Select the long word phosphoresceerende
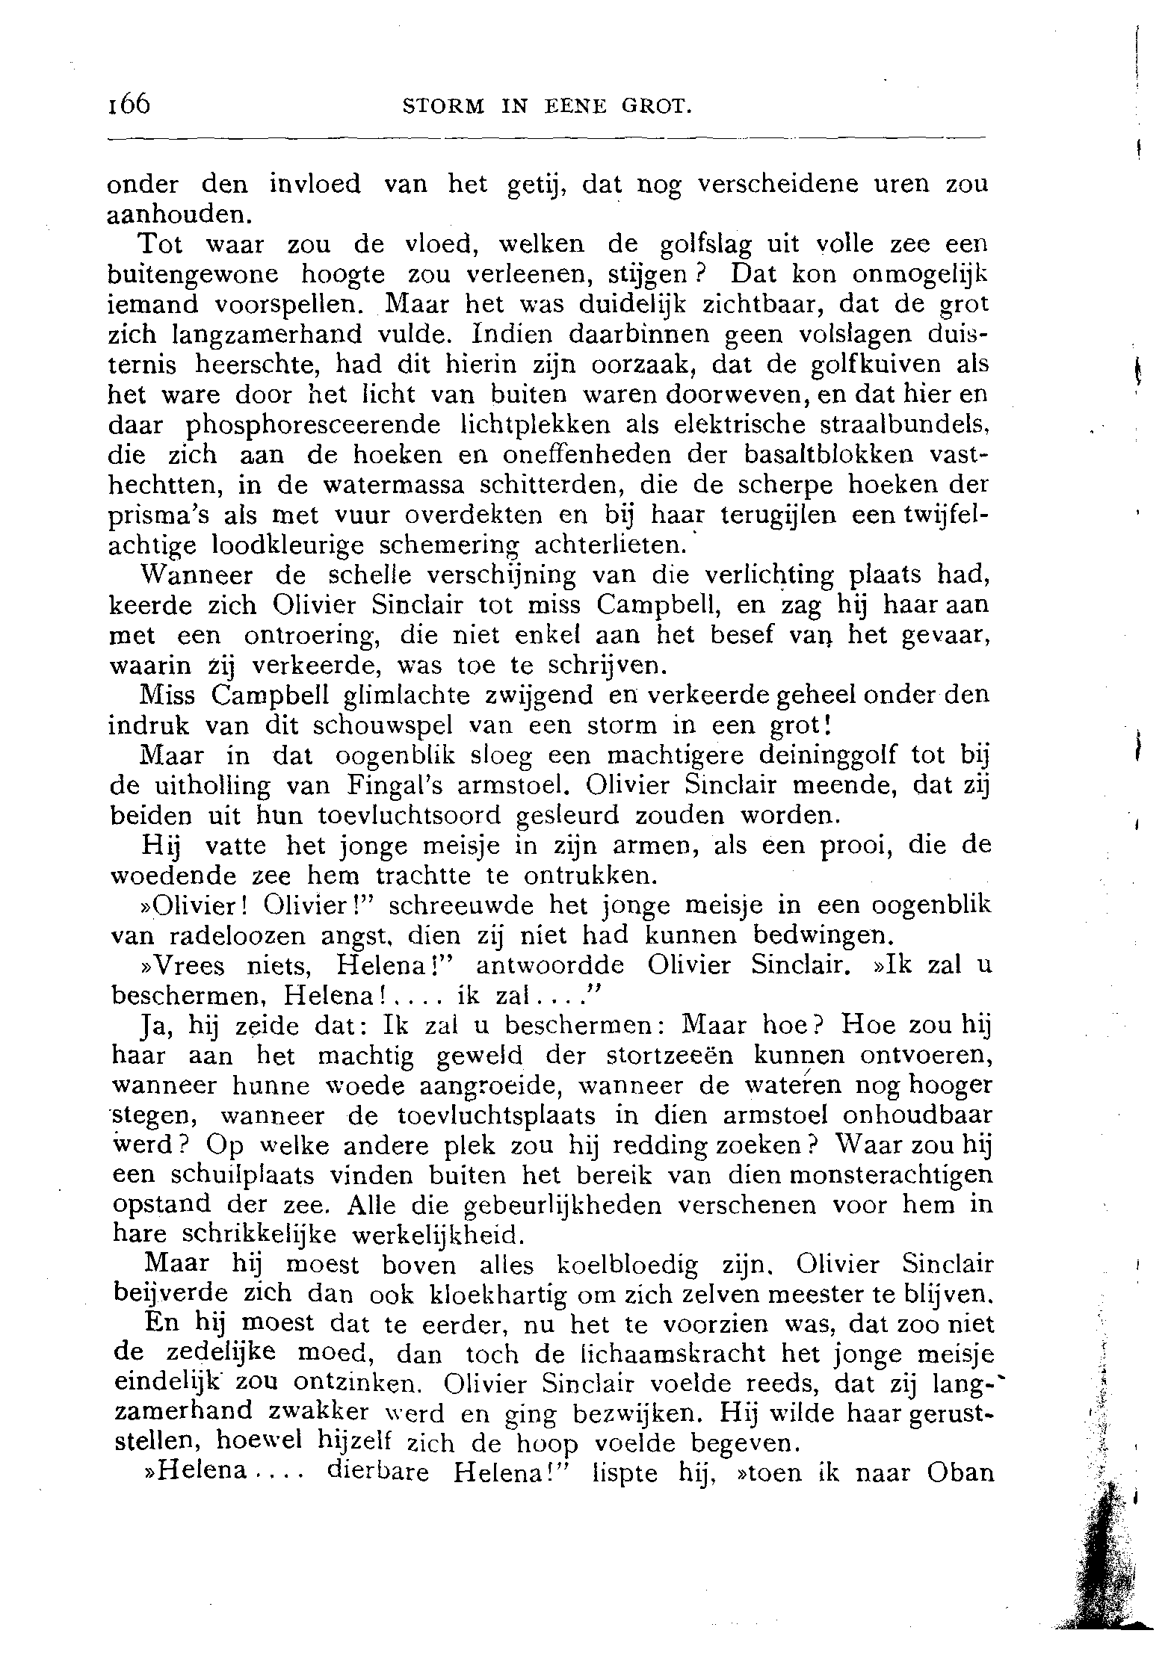[x=313, y=425]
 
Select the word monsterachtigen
[x=882, y=1176]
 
